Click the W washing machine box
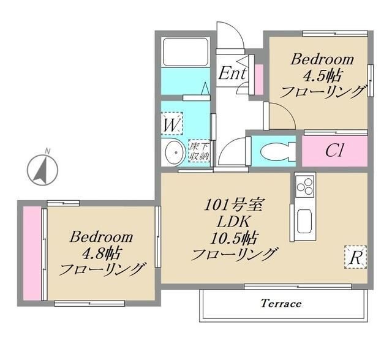point(171,125)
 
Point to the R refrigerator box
point(355,257)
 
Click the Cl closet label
point(334,151)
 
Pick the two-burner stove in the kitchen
point(304,185)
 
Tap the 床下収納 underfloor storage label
point(199,151)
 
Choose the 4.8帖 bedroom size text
point(102,252)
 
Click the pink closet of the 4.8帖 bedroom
point(31,253)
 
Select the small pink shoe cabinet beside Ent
point(258,78)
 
